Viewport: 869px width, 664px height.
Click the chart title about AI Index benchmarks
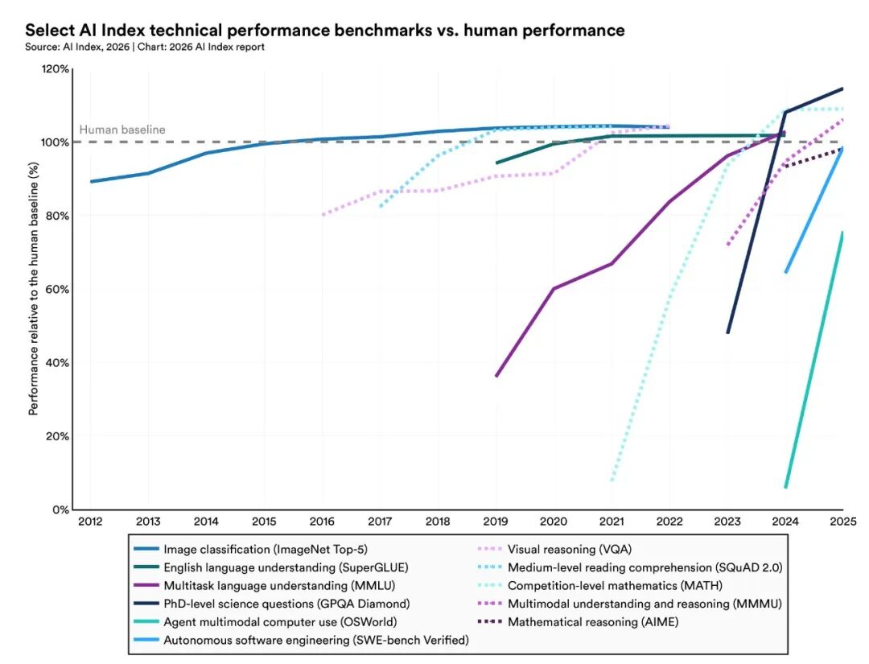324,31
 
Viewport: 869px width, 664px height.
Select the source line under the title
145,47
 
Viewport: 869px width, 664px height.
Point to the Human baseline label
121,130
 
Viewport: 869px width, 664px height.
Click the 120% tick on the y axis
54,69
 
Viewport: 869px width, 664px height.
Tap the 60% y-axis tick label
56,290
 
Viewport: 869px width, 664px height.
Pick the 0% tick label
60,509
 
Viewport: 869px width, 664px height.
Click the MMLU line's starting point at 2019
496,376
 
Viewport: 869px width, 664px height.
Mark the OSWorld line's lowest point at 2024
785,487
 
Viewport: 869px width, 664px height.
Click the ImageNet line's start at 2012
90,181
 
